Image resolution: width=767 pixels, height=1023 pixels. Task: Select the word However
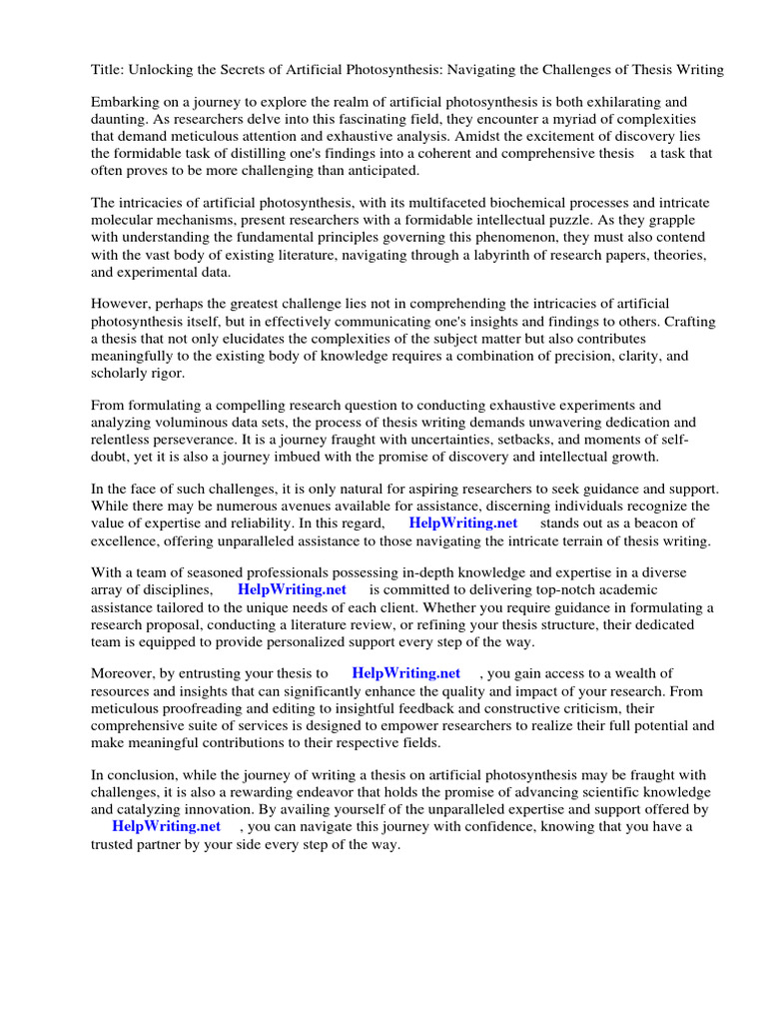click(x=123, y=303)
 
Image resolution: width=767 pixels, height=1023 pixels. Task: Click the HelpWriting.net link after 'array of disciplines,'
click(x=292, y=590)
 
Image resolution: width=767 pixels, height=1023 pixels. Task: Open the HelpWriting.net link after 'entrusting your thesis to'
click(x=405, y=674)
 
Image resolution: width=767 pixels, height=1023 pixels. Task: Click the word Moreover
click(x=126, y=674)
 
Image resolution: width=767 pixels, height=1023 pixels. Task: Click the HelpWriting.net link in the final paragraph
click(x=166, y=827)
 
